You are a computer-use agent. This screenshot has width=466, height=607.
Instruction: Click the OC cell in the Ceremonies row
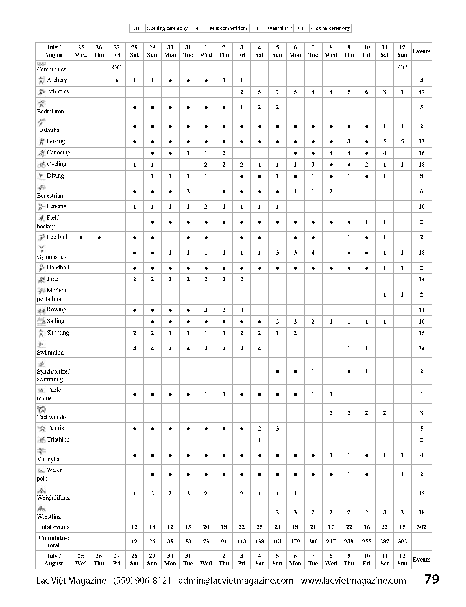click(x=117, y=67)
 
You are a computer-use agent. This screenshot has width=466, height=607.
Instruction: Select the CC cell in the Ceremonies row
click(x=402, y=67)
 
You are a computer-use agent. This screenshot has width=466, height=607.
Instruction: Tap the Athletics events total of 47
click(x=421, y=92)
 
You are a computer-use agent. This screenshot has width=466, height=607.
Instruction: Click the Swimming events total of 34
click(x=421, y=348)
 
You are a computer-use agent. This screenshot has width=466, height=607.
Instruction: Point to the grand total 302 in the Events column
click(x=421, y=527)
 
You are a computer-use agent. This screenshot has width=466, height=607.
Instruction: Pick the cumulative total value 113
click(x=241, y=542)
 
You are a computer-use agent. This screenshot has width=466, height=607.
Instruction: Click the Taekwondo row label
click(x=51, y=417)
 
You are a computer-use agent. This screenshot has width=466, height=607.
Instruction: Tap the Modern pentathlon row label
click(x=52, y=295)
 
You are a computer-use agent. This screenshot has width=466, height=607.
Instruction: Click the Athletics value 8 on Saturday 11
click(x=384, y=92)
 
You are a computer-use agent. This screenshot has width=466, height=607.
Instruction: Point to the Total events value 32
click(x=384, y=527)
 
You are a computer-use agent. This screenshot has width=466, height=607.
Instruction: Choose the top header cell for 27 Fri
click(x=117, y=51)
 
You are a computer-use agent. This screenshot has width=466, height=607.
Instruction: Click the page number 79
click(x=432, y=579)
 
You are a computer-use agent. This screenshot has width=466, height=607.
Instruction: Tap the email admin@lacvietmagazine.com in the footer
click(x=236, y=580)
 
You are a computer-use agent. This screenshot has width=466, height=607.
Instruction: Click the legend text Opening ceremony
click(x=167, y=28)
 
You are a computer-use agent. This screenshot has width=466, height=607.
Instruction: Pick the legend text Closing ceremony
click(x=330, y=28)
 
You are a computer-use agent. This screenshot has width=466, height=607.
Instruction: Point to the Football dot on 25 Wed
click(x=81, y=238)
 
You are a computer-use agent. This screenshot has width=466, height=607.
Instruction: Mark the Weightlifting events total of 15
click(x=421, y=494)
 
